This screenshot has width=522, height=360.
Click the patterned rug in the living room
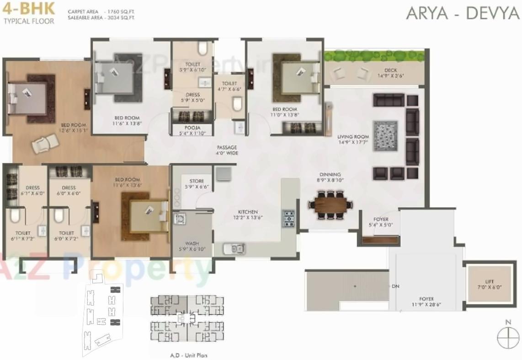click(x=385, y=135)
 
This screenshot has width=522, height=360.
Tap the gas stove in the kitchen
click(x=288, y=219)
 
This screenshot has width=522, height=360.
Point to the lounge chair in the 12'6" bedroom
click(x=44, y=146)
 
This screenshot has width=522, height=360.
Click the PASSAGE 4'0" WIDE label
click(x=227, y=150)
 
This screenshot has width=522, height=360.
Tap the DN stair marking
click(x=395, y=286)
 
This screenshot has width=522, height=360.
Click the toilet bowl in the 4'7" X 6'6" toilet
click(x=236, y=105)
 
